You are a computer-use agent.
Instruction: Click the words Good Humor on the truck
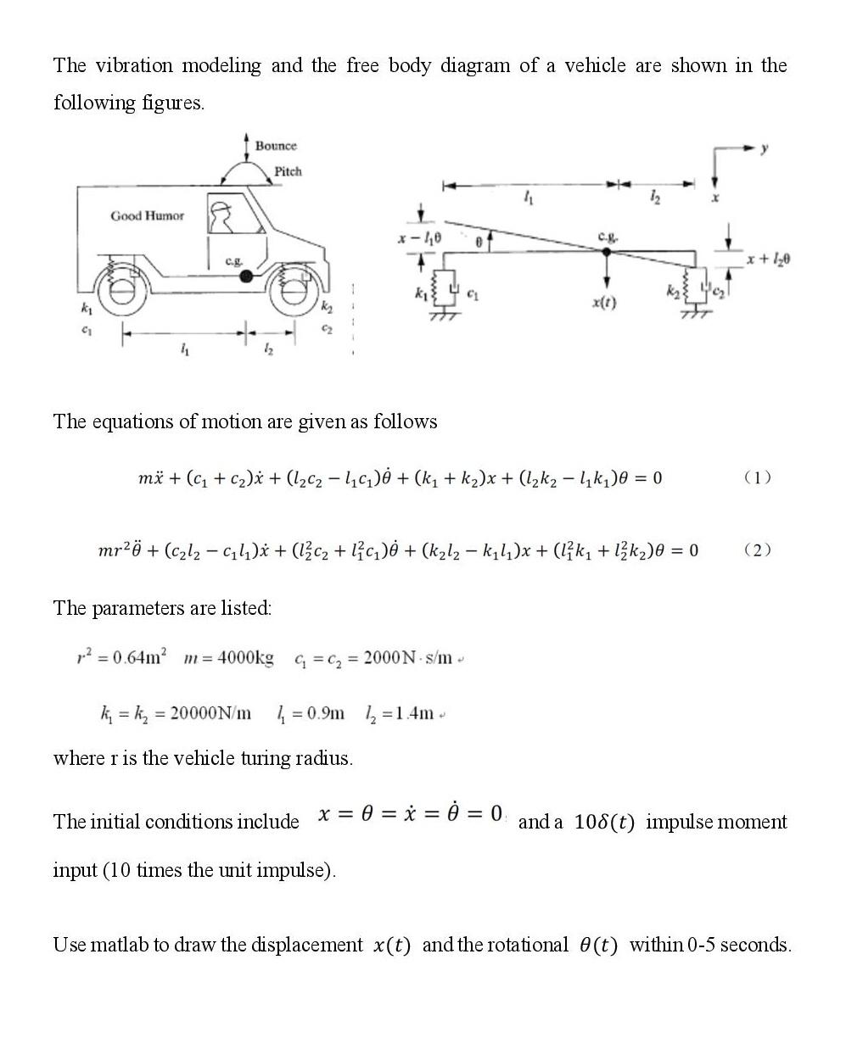(147, 216)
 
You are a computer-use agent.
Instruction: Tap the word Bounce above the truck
(276, 146)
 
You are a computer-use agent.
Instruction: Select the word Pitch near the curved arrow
(288, 171)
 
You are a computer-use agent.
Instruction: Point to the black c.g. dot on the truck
(246, 276)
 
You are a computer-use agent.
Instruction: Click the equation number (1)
(757, 477)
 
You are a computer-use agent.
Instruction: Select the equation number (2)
(757, 550)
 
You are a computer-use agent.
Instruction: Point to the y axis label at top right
(764, 148)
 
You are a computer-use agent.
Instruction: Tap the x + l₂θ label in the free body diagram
(768, 258)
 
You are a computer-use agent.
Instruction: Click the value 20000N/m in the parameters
(210, 712)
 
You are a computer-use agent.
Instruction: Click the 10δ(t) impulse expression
(604, 823)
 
